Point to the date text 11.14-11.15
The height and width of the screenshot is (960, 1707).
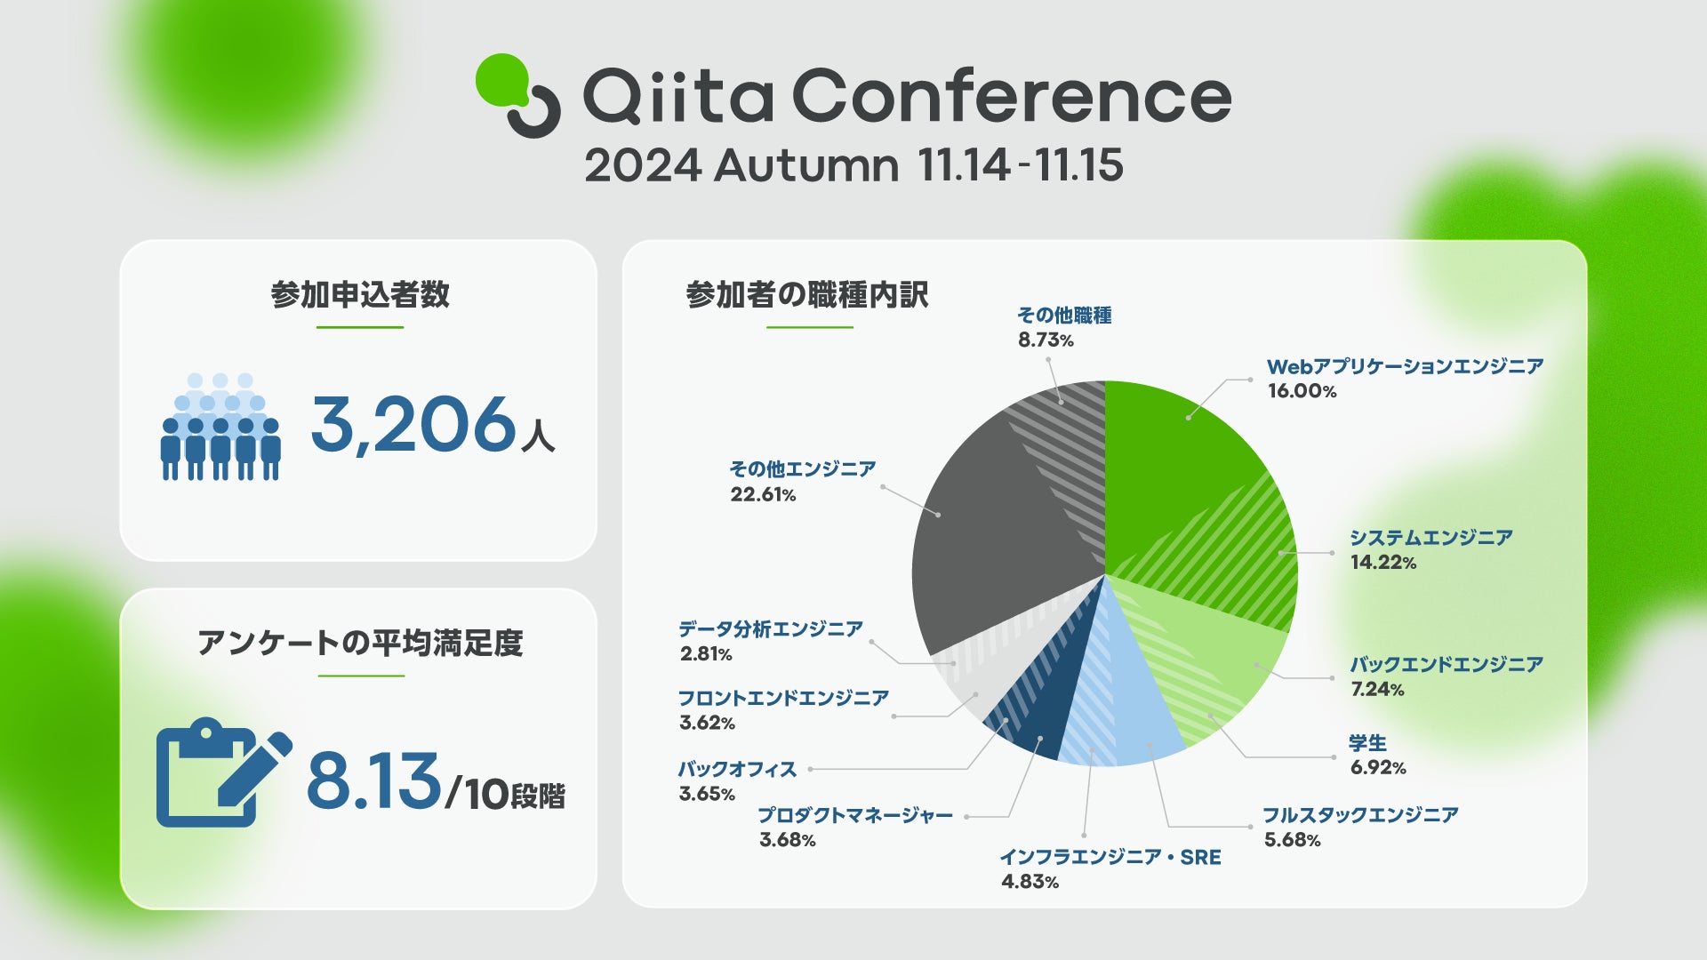click(1021, 165)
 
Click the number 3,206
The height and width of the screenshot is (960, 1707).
click(413, 424)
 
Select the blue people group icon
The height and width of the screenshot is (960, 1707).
click(220, 427)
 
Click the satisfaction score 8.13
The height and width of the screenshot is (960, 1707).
click(373, 781)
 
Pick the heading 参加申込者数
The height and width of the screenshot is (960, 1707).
click(360, 295)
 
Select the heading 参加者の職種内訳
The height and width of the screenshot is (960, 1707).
click(807, 295)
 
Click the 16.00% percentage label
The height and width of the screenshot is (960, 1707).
click(1302, 391)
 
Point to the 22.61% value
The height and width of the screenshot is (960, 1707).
click(763, 495)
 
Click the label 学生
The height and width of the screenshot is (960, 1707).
click(1367, 743)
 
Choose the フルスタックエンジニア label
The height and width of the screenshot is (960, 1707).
click(1360, 815)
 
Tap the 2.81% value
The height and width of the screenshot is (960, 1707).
click(706, 654)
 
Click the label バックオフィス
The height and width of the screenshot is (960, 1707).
click(737, 769)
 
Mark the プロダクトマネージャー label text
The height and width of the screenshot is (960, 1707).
click(855, 815)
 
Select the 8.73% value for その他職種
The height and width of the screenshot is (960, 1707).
click(1046, 340)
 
